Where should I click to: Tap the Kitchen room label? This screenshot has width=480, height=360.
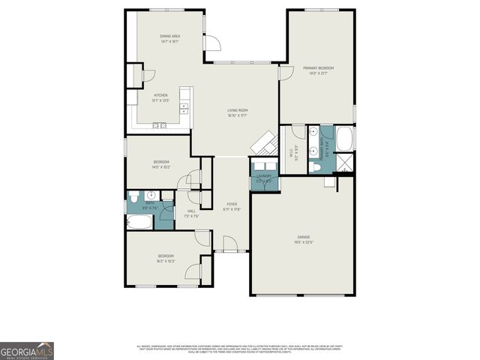[x=161, y=97]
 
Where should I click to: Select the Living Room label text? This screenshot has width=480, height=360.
[x=238, y=112]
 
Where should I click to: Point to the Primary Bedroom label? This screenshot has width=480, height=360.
[x=318, y=70]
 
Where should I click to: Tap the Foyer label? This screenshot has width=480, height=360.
[x=231, y=206]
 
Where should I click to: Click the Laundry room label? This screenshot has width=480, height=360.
[x=264, y=178]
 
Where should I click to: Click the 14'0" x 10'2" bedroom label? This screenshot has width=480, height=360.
[x=161, y=164]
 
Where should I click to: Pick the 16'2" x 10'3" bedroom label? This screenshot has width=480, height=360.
[x=165, y=259]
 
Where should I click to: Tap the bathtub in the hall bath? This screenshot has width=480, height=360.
[x=140, y=222]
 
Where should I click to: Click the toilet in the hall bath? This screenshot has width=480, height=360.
[x=133, y=199]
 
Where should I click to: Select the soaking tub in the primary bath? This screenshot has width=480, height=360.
[x=346, y=139]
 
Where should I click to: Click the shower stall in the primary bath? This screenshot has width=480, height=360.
[x=346, y=163]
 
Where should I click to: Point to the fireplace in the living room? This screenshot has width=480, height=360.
[x=264, y=142]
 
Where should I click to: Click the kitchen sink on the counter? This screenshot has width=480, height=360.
[x=160, y=126]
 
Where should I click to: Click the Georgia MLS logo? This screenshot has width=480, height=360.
[x=27, y=351]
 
